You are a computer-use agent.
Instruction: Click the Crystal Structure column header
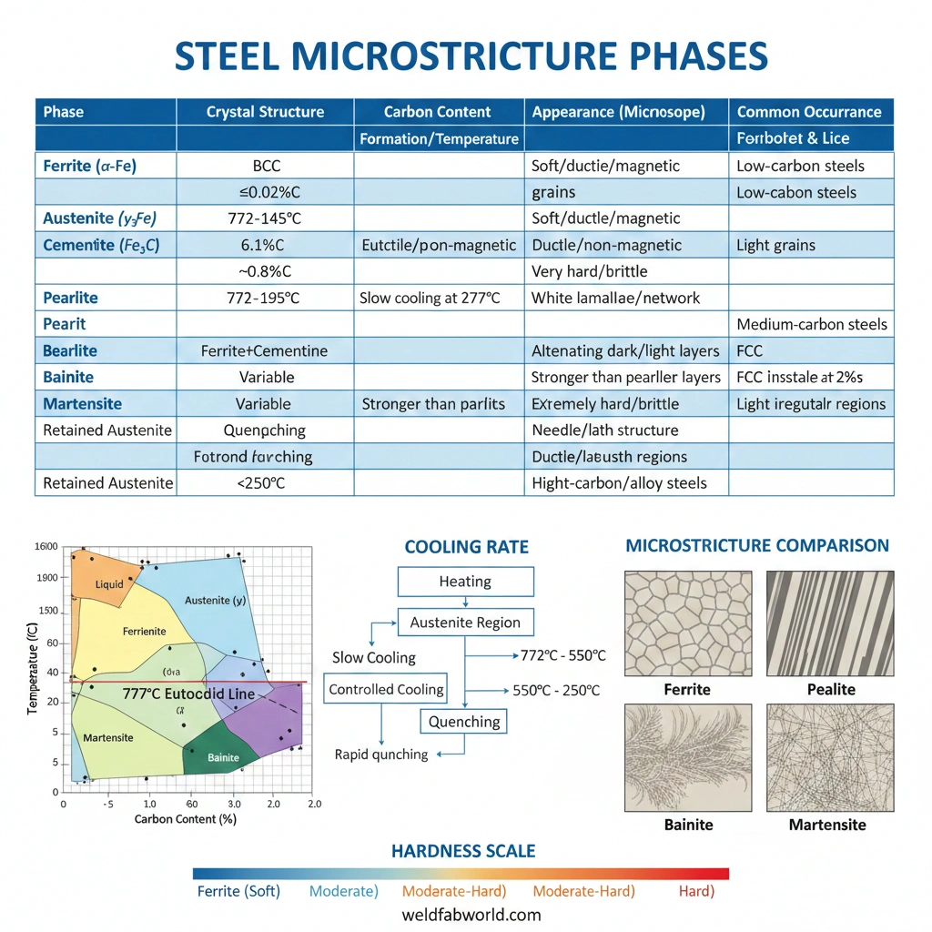[x=265, y=112]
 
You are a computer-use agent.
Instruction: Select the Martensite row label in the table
[x=82, y=403]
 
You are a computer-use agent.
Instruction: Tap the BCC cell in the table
[x=266, y=166]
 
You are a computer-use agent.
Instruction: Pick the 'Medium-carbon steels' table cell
[x=811, y=324]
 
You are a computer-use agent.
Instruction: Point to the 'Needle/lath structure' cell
[x=604, y=430]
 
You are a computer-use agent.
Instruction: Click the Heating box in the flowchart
[x=465, y=582]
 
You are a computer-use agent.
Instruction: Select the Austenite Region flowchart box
[x=465, y=623]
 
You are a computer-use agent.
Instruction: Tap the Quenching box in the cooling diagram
[x=464, y=722]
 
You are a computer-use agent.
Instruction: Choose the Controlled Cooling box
[x=387, y=690]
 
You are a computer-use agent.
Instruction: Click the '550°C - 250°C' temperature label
[x=556, y=691]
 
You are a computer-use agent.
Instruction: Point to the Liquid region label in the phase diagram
[x=109, y=583]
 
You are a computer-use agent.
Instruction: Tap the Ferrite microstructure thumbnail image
[x=687, y=623]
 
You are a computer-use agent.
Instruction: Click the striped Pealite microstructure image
[x=830, y=623]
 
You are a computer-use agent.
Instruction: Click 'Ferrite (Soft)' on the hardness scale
[x=238, y=891]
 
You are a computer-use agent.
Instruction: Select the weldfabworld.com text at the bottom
[x=471, y=915]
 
